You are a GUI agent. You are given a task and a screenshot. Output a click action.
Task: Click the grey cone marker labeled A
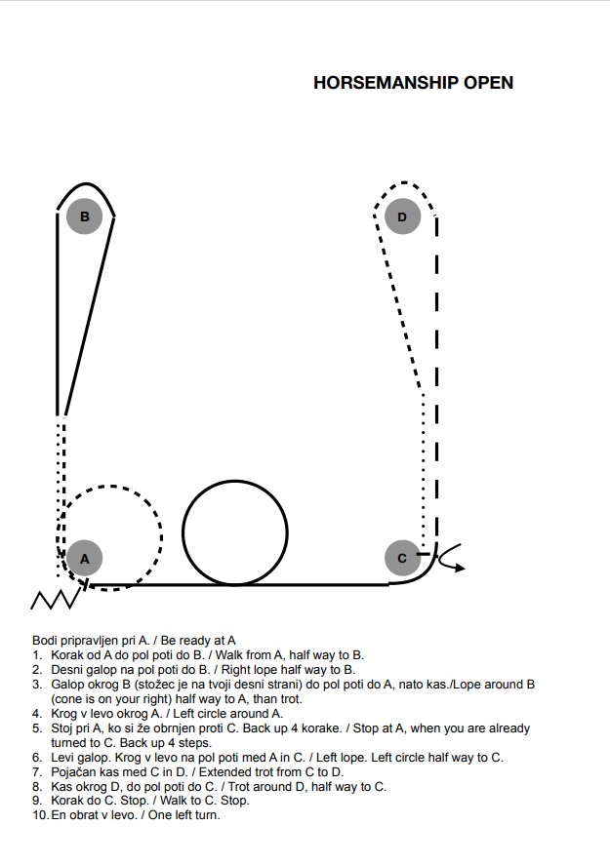(x=85, y=558)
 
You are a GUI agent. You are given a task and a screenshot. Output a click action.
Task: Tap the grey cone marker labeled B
(x=85, y=216)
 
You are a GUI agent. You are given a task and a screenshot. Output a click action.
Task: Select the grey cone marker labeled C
(x=402, y=558)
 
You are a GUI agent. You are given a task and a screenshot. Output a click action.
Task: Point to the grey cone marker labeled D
(x=402, y=216)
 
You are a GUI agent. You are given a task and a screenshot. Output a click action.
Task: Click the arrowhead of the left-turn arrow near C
(x=460, y=568)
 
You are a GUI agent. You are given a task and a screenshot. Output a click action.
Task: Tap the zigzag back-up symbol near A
(x=54, y=599)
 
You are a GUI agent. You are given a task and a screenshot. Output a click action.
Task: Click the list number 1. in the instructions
(x=37, y=655)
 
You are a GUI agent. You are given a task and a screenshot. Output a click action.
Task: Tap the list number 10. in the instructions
(x=41, y=815)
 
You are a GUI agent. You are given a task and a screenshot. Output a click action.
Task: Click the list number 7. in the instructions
(x=37, y=771)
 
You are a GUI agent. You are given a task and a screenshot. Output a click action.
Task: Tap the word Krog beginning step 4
(x=63, y=714)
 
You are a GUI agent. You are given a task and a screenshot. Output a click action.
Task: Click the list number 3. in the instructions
(x=37, y=685)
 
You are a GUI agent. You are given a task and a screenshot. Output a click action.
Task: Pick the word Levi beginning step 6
(x=61, y=758)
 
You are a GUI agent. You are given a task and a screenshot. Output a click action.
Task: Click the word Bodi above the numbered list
(x=44, y=641)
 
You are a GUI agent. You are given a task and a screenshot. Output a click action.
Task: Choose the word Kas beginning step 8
(x=61, y=787)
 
